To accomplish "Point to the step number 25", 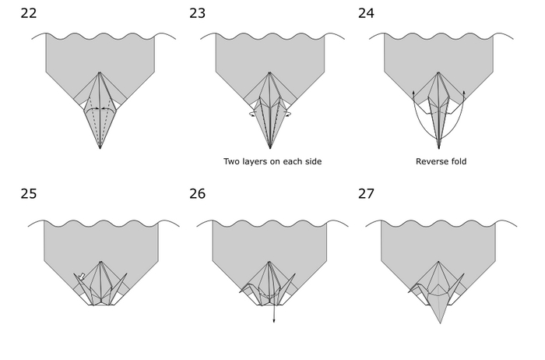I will (29, 194).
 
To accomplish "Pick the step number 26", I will (197, 194).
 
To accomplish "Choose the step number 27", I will (366, 194).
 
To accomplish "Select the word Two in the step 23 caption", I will (232, 162).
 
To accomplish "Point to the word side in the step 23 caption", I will (311, 162).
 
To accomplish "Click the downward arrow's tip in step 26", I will (274, 321).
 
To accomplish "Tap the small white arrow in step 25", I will (82, 276).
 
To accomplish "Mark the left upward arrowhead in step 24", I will (413, 93).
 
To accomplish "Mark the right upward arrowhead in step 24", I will (463, 93).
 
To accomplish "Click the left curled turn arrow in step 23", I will (253, 114).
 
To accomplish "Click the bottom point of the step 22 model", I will (100, 148).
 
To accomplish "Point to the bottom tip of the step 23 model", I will (269, 148).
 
